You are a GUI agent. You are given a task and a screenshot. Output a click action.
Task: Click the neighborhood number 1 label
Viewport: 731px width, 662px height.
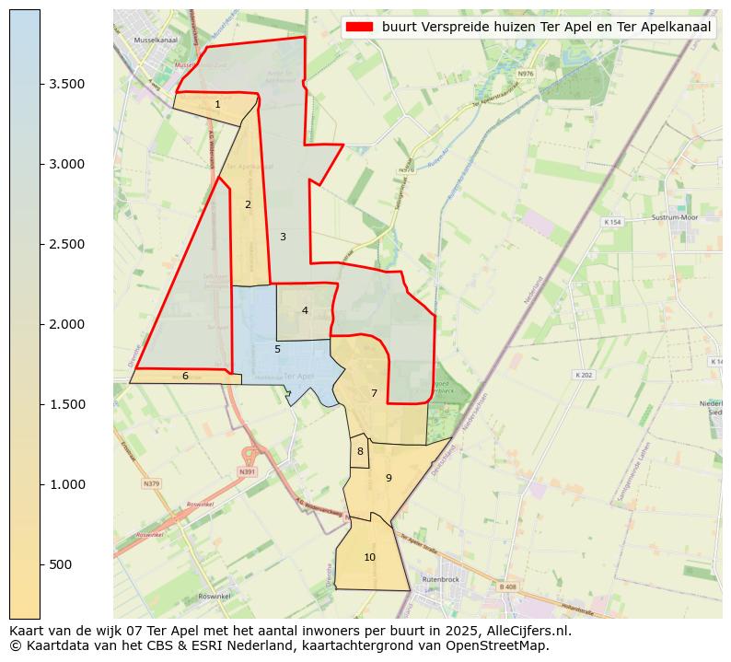pos(217,104)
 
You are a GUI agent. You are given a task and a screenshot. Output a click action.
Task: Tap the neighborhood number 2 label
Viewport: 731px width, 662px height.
pos(248,204)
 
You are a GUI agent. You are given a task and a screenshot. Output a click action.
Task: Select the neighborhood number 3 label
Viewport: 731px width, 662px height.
pos(283,237)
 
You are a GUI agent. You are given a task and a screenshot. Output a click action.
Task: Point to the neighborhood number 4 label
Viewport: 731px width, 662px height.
pos(305,310)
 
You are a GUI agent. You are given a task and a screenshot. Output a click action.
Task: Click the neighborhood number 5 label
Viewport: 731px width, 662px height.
pos(277,349)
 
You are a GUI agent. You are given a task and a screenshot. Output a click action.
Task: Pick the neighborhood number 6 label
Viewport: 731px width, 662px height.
pos(185,376)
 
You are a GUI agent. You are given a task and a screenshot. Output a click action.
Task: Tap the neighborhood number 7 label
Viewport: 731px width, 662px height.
pos(374,393)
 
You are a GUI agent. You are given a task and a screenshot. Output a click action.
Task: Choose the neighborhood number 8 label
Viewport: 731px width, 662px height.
pos(360,451)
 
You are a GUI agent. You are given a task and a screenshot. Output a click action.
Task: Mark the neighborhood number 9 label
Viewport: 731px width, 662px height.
pos(389,478)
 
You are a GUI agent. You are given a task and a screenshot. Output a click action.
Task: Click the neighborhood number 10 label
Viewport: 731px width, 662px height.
pos(369,557)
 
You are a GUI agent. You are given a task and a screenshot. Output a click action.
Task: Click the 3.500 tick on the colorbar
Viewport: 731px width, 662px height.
pos(67,84)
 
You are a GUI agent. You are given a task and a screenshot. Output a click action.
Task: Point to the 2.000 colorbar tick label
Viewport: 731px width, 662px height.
pos(67,324)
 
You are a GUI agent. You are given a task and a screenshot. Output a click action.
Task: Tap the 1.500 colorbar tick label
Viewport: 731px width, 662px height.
pos(67,404)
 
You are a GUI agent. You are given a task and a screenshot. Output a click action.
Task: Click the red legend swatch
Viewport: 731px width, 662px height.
pos(360,28)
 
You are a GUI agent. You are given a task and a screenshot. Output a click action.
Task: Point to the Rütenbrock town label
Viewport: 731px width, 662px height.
pos(440,579)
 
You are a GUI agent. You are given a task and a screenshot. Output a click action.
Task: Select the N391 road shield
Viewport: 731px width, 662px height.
pos(246,472)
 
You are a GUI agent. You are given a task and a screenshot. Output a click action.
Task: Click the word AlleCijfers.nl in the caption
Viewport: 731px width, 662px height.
pos(528,632)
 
